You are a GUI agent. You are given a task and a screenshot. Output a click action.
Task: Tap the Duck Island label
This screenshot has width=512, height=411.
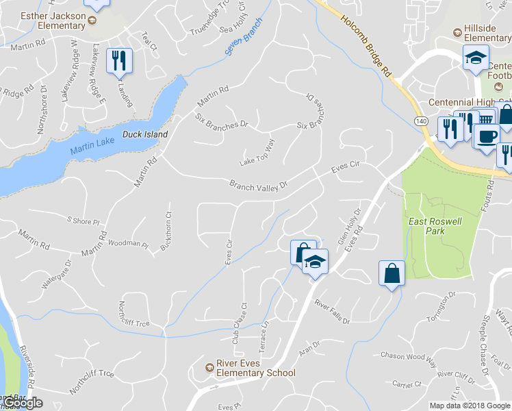144,134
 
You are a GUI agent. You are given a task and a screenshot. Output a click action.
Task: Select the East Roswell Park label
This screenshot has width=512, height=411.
436,226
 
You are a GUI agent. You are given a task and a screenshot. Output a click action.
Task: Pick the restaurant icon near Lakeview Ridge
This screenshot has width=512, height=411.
120,61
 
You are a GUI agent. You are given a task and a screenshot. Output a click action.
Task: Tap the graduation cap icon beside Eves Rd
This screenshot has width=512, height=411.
316,262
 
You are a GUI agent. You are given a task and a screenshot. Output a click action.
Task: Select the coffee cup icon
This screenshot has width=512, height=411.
486,137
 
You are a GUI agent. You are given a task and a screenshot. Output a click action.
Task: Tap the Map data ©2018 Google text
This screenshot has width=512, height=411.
470,406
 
